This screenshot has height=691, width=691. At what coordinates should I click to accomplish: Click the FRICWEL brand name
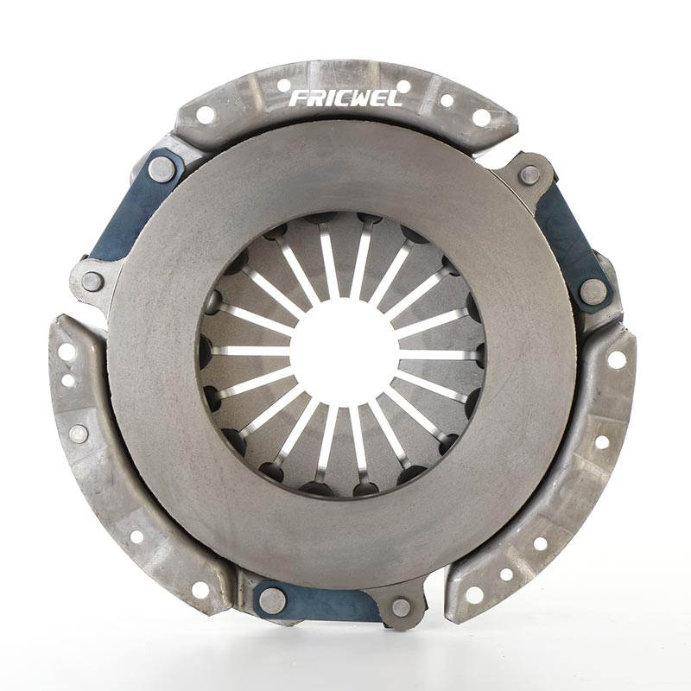coord(345,98)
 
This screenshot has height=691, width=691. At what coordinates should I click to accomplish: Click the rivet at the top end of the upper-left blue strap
coord(162,169)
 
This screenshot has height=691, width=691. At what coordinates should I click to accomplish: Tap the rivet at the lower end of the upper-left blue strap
coord(92,281)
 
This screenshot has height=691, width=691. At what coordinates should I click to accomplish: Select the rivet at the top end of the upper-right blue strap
coord(529,175)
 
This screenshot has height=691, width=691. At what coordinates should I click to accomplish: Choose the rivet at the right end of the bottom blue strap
coord(401,607)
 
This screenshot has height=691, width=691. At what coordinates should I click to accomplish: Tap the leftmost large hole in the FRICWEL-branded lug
coord(205,115)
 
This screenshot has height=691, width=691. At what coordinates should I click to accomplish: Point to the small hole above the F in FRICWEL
coord(283,86)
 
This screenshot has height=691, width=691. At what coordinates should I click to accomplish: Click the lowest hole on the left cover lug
coord(200,590)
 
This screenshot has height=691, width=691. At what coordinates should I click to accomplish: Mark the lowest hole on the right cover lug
coord(474,594)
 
